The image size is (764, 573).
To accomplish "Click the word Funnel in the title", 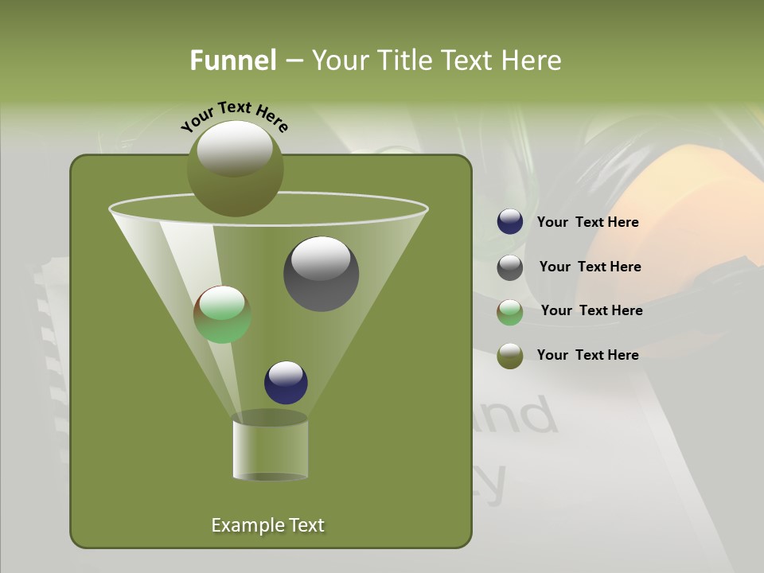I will click(232, 60).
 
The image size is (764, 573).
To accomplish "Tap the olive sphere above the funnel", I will click(235, 168).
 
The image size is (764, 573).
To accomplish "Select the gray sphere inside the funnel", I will click(321, 274).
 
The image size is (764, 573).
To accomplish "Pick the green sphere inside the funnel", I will click(222, 314).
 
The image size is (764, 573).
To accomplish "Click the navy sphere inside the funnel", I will click(286, 382).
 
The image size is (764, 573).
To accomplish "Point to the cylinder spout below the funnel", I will click(270, 449).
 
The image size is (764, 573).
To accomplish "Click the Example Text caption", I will click(267, 525).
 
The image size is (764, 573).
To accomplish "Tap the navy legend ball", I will click(510, 222).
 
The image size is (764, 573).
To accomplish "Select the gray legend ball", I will click(510, 267).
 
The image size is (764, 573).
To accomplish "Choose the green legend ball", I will click(510, 312).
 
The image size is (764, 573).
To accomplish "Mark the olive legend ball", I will click(510, 356).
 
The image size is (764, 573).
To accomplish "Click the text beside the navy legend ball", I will click(587, 223).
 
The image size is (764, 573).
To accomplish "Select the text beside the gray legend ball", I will click(590, 267).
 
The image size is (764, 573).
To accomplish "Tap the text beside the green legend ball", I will click(591, 311).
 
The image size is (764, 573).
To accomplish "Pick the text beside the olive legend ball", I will click(587, 355).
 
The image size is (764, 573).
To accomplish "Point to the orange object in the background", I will click(700, 207).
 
